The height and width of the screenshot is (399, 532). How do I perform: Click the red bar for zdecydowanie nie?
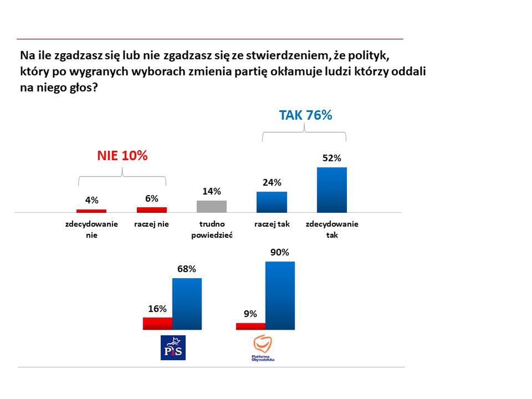91,211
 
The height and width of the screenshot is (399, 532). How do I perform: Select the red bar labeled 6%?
152,209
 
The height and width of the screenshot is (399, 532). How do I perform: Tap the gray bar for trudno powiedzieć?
212,206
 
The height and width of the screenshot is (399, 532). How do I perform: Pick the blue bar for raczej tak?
272,202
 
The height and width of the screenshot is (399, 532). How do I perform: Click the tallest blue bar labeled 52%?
332,190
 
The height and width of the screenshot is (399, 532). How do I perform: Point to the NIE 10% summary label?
122,156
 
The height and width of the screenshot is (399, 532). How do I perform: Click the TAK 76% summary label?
305,115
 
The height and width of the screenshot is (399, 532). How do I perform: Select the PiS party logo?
173,347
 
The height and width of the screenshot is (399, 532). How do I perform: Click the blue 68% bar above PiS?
187,304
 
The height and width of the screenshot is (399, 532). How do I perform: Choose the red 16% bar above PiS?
157,323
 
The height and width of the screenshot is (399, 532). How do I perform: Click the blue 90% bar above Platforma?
280,295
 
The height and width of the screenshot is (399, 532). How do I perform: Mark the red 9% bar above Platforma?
250,326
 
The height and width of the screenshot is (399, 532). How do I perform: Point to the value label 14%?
212,191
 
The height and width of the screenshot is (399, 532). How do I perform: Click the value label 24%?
272,182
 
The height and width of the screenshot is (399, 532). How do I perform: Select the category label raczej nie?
151,224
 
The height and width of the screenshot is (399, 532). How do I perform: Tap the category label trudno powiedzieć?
212,229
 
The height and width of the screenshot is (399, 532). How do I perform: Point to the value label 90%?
280,252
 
